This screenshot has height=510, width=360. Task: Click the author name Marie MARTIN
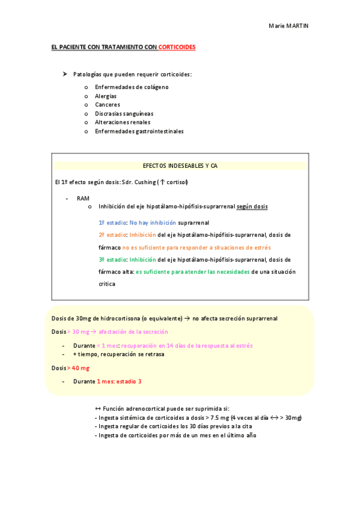pos(288,26)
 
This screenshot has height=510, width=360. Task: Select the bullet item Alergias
pos(106,96)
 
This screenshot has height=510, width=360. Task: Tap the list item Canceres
pos(108,105)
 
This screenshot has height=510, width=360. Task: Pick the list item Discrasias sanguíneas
pos(124,114)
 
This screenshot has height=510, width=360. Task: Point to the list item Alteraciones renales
pos(123,122)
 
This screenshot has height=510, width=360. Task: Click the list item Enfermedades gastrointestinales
pos(139,131)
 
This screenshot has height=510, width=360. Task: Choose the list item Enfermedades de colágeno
pos(132,87)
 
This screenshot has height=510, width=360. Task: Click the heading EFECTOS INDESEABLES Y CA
pos(180,165)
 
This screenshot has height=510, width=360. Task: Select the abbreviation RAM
pos(83,198)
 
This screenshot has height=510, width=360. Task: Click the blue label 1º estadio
pos(112,223)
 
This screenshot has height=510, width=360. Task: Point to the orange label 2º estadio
pos(112,235)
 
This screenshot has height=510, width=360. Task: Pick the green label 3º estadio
pos(112,260)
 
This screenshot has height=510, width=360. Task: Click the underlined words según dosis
pos(252,206)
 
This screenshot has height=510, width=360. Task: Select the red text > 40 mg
pos(78,367)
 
